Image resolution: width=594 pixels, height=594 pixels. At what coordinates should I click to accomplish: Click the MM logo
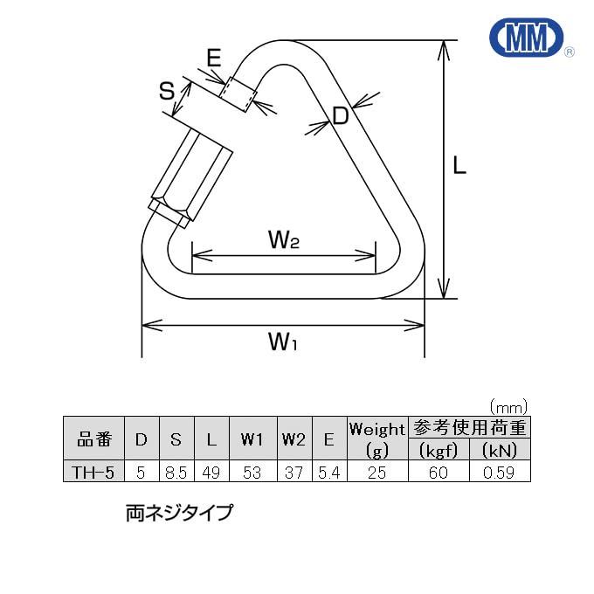click(526, 40)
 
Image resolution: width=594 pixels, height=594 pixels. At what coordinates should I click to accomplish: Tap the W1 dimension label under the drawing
click(282, 342)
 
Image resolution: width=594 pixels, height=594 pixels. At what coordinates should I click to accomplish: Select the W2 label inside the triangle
click(283, 239)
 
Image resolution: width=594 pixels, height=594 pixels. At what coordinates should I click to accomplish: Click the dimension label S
click(167, 91)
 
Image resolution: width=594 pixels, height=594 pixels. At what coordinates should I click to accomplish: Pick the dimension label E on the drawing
click(213, 59)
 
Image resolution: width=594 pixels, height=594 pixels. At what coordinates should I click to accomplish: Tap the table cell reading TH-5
click(93, 473)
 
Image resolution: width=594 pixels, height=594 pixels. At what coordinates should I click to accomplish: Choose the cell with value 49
click(211, 473)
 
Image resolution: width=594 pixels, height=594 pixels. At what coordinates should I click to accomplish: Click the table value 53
click(252, 473)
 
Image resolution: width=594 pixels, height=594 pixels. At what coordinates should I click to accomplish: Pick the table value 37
click(294, 473)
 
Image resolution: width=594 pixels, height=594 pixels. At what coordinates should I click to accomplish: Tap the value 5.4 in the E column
click(329, 473)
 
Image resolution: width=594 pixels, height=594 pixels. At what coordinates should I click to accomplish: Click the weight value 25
click(376, 473)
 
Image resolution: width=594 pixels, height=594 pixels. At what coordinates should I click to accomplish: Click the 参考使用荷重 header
click(470, 428)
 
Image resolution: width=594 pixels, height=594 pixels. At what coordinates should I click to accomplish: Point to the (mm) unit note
click(509, 406)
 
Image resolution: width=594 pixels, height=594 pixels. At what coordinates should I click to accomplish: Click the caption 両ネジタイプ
click(179, 513)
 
